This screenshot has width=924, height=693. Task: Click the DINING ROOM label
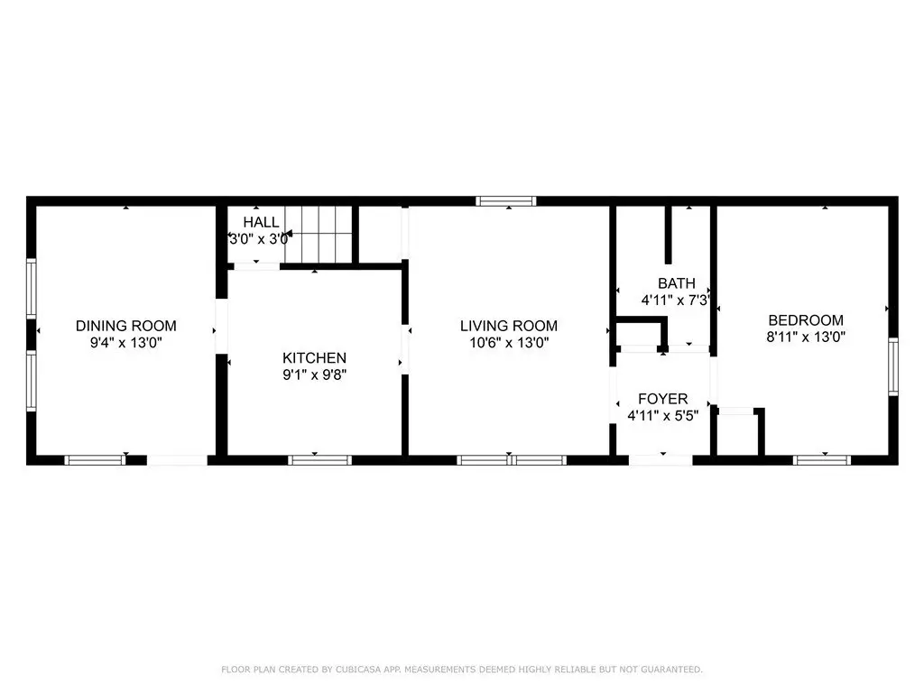coord(126,325)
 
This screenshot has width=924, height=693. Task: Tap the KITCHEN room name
coord(314,357)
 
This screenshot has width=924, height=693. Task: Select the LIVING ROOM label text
coord(509,325)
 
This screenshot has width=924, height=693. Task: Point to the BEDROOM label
coord(806,320)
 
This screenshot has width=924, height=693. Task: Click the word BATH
coord(677,282)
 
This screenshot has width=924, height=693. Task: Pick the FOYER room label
coord(662,398)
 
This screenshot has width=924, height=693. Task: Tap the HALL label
coord(261,222)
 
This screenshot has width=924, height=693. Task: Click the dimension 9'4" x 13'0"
coord(126,342)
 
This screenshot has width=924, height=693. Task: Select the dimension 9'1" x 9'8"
coord(314,374)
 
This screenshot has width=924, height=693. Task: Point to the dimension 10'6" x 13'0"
coord(509,342)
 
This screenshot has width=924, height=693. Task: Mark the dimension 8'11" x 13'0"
coord(806,337)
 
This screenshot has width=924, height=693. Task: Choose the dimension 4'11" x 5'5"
coord(662,415)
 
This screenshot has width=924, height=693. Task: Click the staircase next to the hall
coord(319,235)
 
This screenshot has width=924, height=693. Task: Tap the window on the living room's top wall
coord(506,201)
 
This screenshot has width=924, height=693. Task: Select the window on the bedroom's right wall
coord(892,366)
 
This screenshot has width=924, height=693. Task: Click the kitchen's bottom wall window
coord(320,460)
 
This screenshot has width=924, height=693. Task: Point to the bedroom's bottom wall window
coord(821,460)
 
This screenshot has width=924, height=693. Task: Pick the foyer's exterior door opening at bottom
coord(661,460)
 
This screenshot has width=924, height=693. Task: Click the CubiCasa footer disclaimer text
coord(462,670)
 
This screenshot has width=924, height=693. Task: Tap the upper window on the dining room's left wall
coord(32,289)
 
